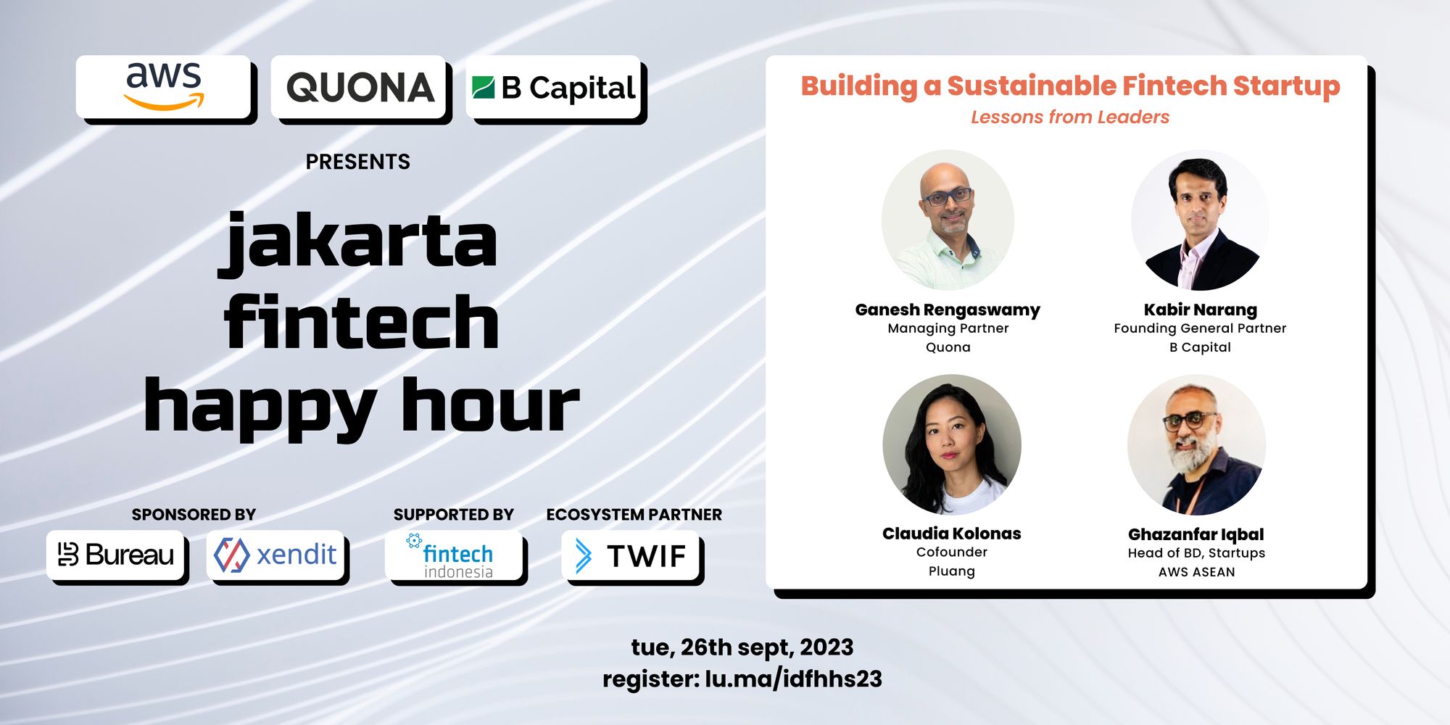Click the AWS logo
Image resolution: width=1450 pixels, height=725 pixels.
tap(164, 86)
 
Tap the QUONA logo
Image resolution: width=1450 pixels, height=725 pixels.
tap(360, 88)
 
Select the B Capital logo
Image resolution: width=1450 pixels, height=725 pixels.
tap(554, 88)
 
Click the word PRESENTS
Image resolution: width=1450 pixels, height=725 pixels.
tap(357, 162)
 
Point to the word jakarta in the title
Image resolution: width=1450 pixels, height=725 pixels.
tap(358, 243)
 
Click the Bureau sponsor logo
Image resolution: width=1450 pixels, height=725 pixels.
tap(116, 555)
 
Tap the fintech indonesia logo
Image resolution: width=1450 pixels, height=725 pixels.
tap(450, 556)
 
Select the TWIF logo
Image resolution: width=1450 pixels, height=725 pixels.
tap(629, 556)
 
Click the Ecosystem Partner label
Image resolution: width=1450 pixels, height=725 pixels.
tap(634, 515)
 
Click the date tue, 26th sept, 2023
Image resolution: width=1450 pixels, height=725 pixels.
tap(742, 647)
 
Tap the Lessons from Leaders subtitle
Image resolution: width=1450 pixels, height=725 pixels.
tap(1070, 117)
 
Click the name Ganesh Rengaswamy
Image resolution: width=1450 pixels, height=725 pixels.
tap(948, 310)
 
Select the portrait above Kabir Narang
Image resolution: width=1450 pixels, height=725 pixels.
tap(1200, 220)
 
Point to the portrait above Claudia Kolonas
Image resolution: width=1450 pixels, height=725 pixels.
tap(952, 444)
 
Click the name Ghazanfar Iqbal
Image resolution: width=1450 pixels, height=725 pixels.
tap(1196, 534)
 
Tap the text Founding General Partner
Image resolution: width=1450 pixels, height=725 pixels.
tap(1200, 328)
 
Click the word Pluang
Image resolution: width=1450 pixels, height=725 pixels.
tap(952, 571)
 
